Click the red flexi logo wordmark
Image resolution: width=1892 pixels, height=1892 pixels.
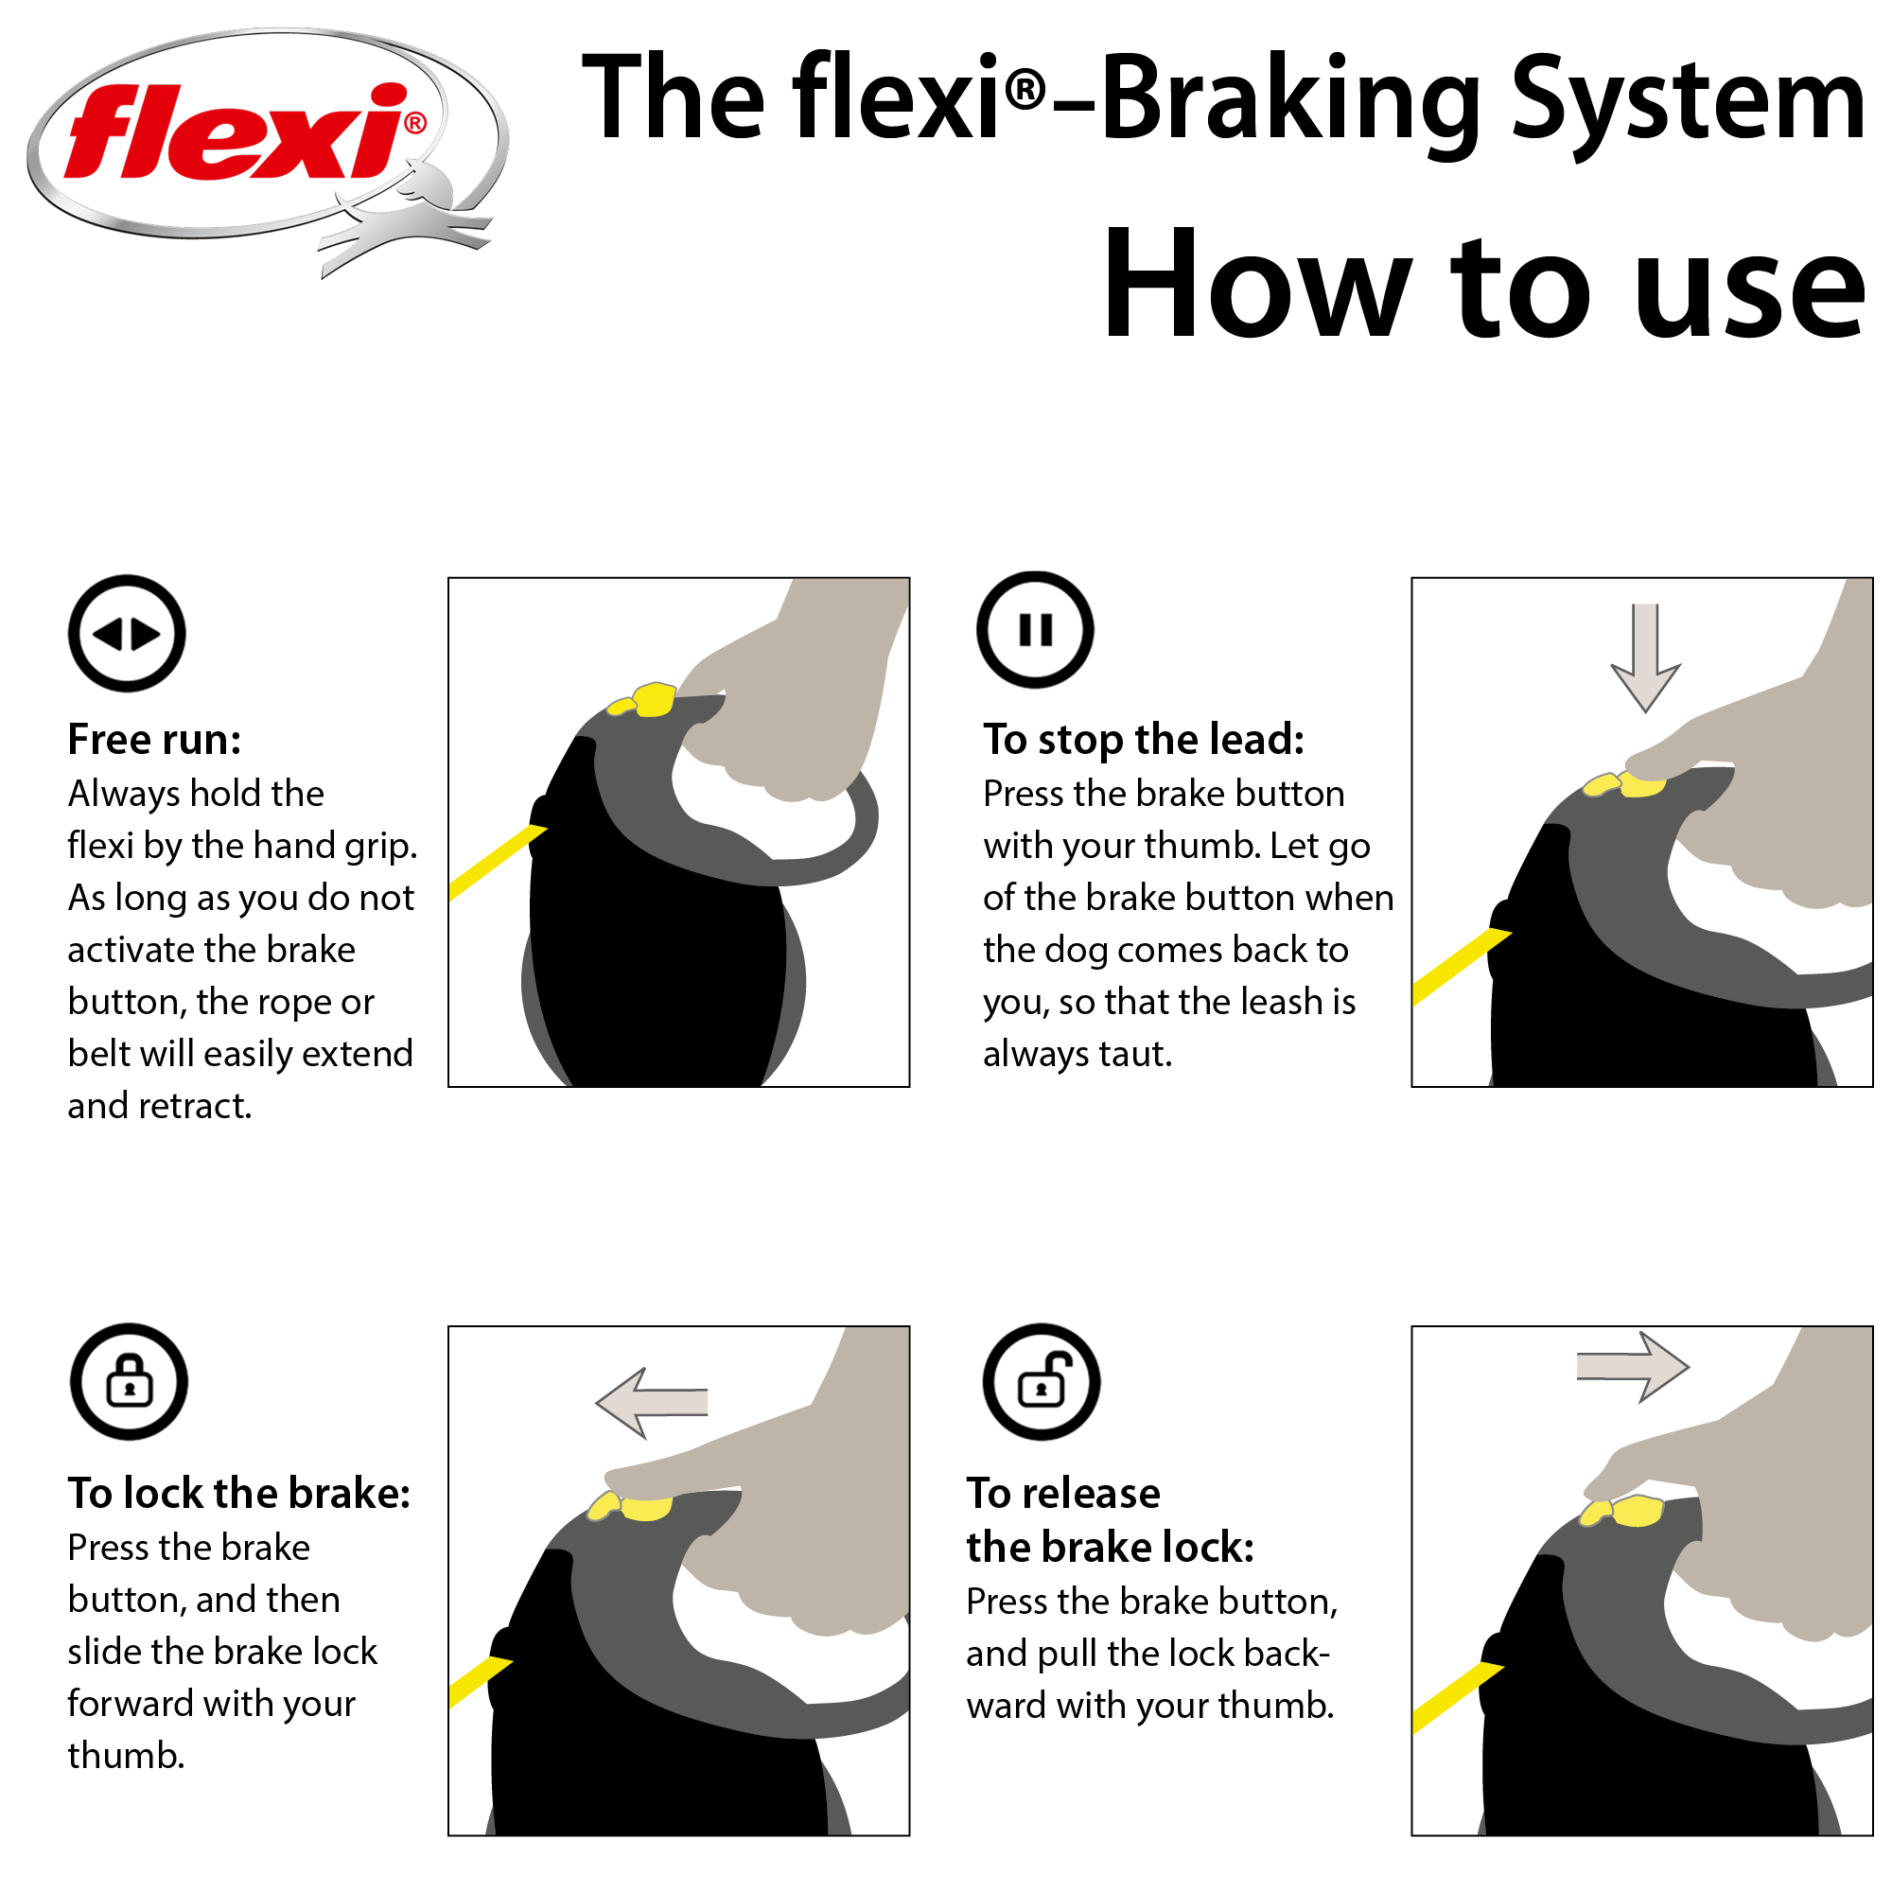[235, 132]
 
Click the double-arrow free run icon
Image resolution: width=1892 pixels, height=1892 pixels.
[127, 634]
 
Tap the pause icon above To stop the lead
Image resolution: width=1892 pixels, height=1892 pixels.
[1034, 630]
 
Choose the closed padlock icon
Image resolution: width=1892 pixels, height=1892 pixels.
[129, 1381]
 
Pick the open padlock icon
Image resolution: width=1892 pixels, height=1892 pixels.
[1041, 1381]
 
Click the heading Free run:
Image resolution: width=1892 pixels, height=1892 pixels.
[154, 740]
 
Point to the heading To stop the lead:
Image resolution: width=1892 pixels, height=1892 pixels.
[1143, 740]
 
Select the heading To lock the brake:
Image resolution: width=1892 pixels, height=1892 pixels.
[239, 1494]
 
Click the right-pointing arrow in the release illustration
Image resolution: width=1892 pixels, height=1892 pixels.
[1634, 1366]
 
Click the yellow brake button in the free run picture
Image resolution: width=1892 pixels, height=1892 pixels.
[652, 699]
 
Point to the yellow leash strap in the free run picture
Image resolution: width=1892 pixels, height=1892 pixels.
[495, 862]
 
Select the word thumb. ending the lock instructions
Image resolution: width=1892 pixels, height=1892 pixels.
[126, 1756]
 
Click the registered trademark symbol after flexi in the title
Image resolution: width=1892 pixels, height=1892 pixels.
[1025, 91]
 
